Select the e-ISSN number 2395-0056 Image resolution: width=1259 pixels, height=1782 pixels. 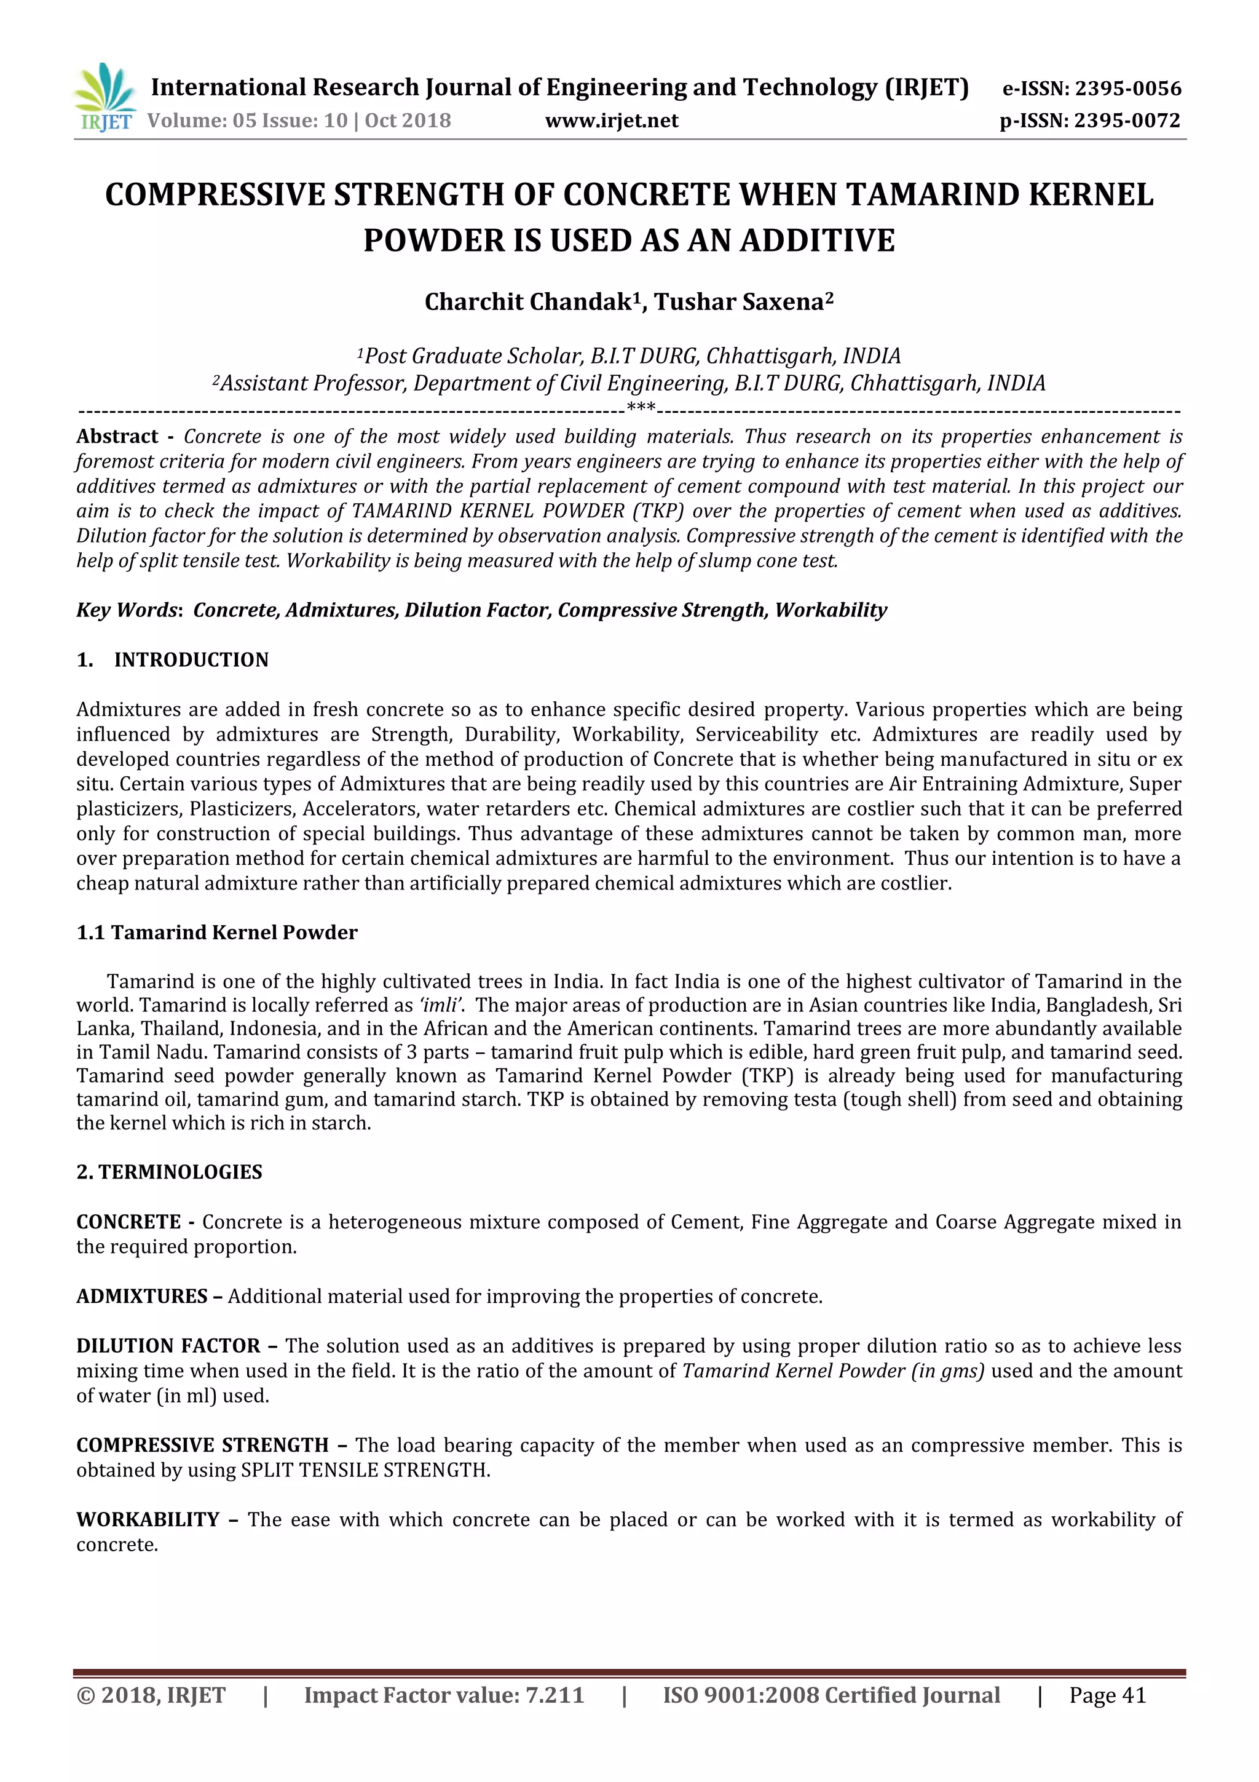click(x=1127, y=89)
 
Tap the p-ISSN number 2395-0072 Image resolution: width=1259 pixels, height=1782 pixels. click(x=1127, y=121)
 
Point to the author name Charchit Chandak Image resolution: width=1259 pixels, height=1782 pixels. click(x=528, y=302)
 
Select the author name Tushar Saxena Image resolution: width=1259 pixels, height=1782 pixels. click(x=738, y=302)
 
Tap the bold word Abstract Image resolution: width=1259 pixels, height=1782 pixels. click(x=117, y=436)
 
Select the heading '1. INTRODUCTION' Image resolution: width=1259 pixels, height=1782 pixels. click(x=172, y=659)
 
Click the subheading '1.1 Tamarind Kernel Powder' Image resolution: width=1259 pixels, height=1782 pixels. click(x=216, y=932)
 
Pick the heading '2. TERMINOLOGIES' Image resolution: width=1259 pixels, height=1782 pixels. click(x=169, y=1172)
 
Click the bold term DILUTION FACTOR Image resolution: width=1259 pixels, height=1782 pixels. click(x=168, y=1346)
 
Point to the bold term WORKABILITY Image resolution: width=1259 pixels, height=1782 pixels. click(x=148, y=1520)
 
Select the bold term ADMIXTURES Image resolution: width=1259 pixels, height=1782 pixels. click(x=141, y=1296)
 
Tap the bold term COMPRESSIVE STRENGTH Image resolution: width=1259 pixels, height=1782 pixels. click(x=202, y=1445)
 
